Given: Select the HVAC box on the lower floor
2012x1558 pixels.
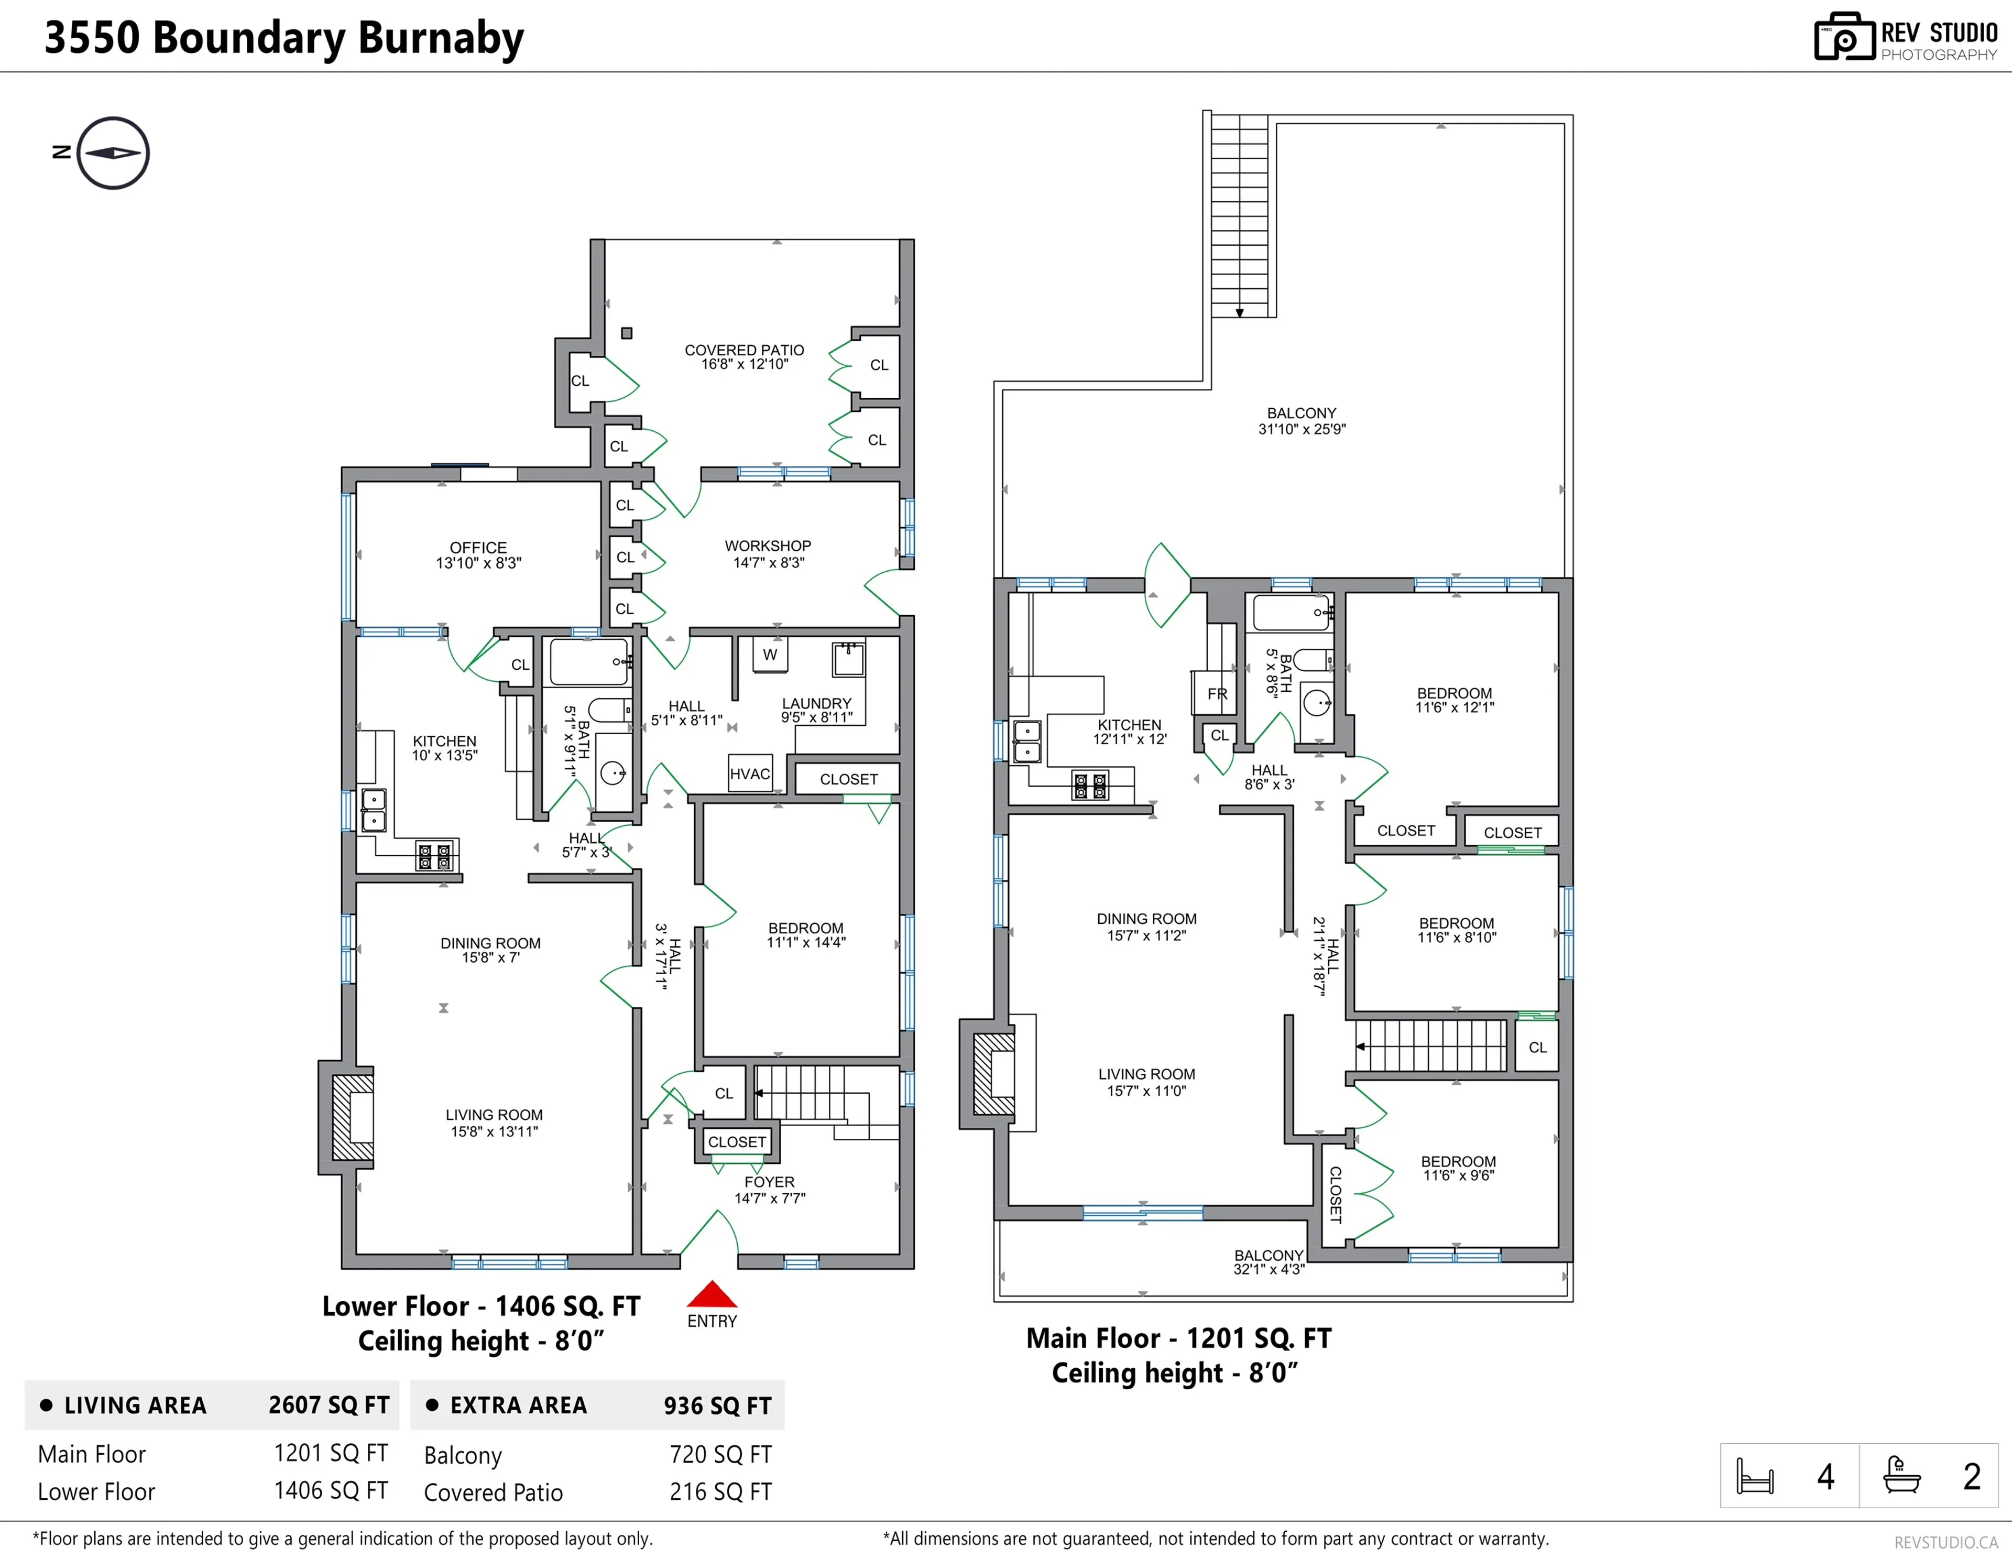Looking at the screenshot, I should pos(750,774).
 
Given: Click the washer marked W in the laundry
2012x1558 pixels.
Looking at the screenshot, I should pos(770,655).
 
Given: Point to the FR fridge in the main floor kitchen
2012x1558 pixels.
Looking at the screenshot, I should pos(1217,694).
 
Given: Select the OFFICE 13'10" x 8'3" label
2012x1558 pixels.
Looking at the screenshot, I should pos(478,554).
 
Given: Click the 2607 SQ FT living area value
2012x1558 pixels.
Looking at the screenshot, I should pos(329,1405).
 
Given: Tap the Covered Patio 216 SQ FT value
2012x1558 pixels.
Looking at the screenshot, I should pos(720,1491).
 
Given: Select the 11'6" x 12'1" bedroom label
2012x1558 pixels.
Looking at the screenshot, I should pos(1455,700).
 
